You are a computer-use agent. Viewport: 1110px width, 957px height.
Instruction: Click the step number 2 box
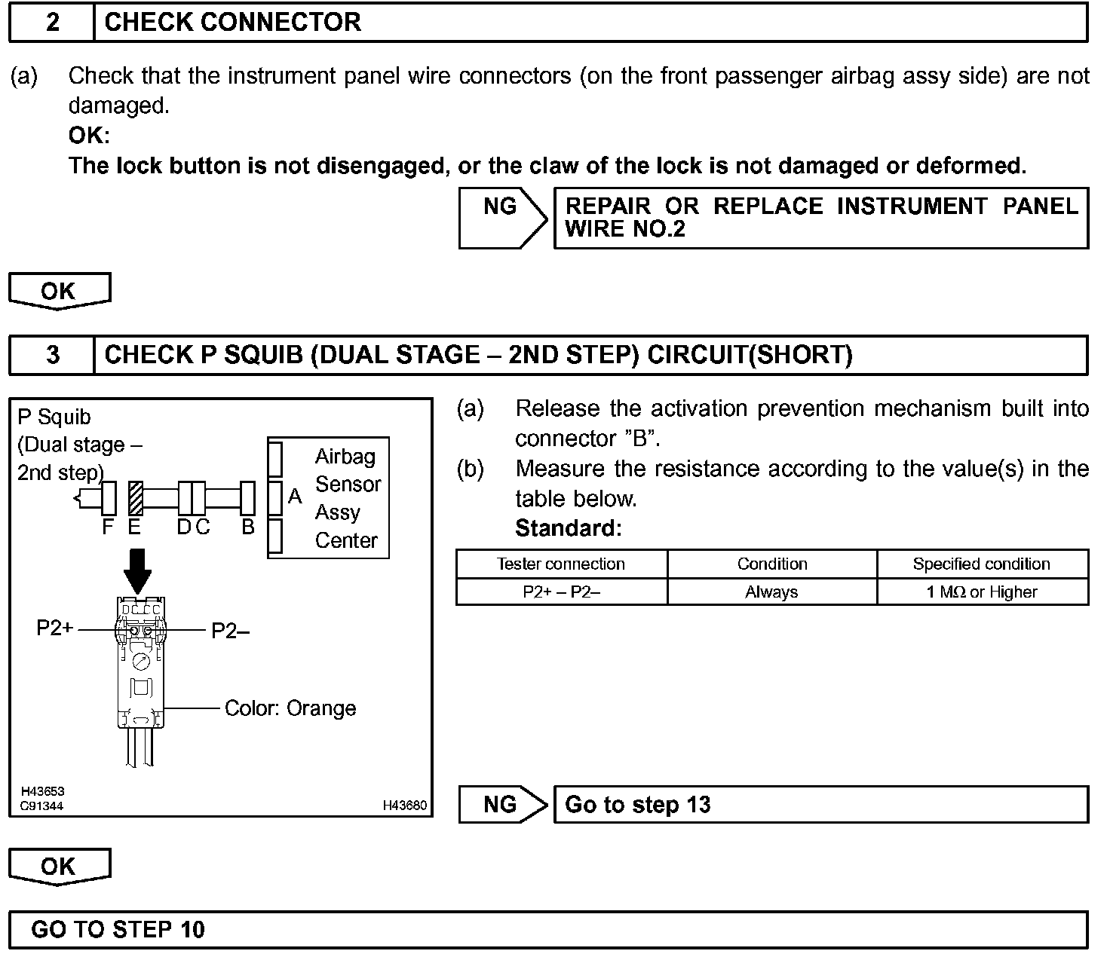(51, 23)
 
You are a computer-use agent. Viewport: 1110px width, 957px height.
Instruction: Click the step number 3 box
(51, 355)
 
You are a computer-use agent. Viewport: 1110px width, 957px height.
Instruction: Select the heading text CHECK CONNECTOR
(233, 23)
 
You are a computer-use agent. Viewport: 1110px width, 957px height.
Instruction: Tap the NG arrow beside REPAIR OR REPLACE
(502, 218)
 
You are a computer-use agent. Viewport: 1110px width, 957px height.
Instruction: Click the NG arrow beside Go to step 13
(502, 805)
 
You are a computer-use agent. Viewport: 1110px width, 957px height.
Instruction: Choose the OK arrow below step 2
(59, 291)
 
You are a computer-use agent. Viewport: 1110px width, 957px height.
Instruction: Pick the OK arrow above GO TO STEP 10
(59, 867)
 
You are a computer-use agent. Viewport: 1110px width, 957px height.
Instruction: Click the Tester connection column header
(561, 564)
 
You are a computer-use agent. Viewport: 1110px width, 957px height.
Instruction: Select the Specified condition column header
(982, 564)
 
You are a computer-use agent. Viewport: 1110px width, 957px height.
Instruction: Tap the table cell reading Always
(771, 592)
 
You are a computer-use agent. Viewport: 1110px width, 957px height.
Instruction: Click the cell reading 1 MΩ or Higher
(982, 592)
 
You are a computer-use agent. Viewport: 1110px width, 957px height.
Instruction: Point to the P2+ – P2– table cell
(561, 592)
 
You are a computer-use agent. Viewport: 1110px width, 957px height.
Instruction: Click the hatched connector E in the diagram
(136, 498)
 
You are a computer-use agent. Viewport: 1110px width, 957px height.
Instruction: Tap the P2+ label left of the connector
(55, 628)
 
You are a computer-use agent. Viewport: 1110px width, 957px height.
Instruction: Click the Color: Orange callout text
(290, 708)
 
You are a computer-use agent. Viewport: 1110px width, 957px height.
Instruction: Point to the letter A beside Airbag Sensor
(295, 497)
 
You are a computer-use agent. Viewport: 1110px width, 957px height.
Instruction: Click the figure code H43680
(404, 806)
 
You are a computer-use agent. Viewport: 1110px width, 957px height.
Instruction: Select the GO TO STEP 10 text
(118, 930)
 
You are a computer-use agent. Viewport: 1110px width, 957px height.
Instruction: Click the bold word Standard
(568, 528)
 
